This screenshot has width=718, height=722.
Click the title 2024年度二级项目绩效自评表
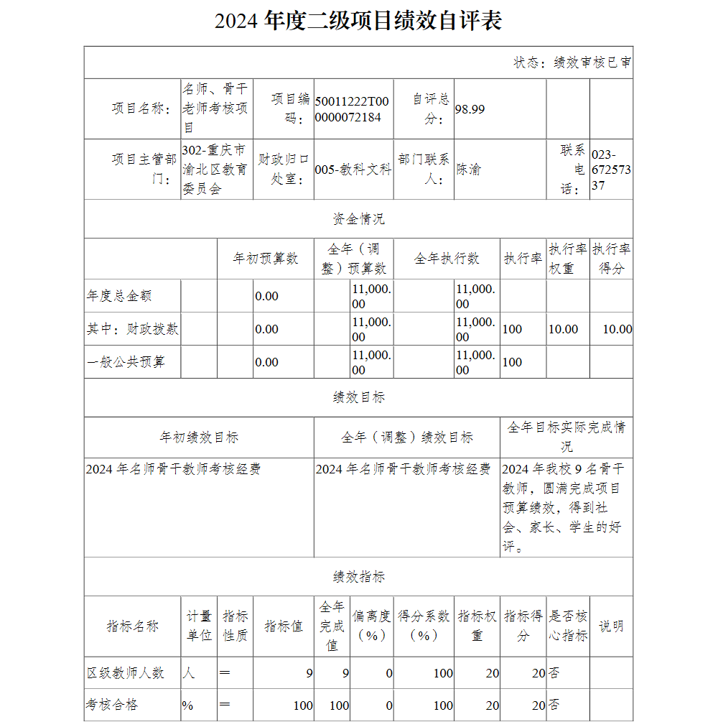tap(358, 21)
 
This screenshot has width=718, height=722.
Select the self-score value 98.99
tap(470, 109)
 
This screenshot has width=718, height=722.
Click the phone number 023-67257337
tap(611, 170)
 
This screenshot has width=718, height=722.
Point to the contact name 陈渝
tap(469, 170)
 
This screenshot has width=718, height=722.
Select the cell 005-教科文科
tap(353, 170)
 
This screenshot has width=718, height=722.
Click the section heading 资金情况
tap(358, 219)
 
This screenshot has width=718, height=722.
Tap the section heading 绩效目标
tap(358, 397)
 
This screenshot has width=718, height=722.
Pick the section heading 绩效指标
tap(358, 577)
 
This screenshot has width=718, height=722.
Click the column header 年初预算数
tap(265, 259)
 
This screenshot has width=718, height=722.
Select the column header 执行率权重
tap(568, 259)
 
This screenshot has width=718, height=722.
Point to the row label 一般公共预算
tap(126, 362)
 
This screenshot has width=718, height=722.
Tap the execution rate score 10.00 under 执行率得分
tap(617, 329)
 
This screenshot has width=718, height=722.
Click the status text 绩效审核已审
tap(572, 63)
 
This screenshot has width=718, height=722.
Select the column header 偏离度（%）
tap(372, 626)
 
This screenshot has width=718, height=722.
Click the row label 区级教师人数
tap(126, 673)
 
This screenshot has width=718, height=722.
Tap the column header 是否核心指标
tap(568, 626)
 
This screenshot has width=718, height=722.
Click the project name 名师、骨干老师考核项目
tap(215, 108)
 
